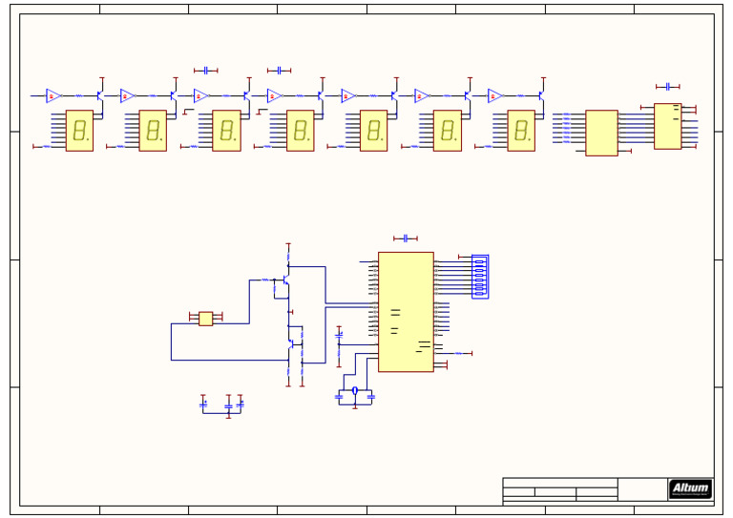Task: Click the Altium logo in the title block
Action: click(x=690, y=488)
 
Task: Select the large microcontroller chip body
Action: click(x=406, y=312)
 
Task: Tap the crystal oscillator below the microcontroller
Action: click(x=355, y=391)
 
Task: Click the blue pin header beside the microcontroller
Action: click(x=479, y=277)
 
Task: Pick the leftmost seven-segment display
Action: click(x=79, y=131)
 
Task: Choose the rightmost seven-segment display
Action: click(x=521, y=131)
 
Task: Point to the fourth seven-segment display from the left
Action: click(x=300, y=131)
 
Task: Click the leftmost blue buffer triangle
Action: click(x=53, y=95)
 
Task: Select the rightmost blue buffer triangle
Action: click(x=494, y=95)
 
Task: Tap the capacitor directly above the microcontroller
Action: click(x=406, y=238)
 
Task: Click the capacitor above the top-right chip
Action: click(x=668, y=87)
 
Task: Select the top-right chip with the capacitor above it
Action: click(x=667, y=126)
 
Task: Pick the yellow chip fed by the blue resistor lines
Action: click(x=601, y=133)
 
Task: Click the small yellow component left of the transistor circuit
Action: click(x=205, y=319)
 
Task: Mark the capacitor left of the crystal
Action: click(x=339, y=396)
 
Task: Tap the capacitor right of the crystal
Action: click(x=370, y=396)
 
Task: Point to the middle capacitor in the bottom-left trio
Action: click(x=228, y=406)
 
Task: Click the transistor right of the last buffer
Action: click(x=540, y=95)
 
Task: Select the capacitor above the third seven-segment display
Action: click(x=206, y=71)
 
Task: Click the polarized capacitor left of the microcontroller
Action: click(x=339, y=336)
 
